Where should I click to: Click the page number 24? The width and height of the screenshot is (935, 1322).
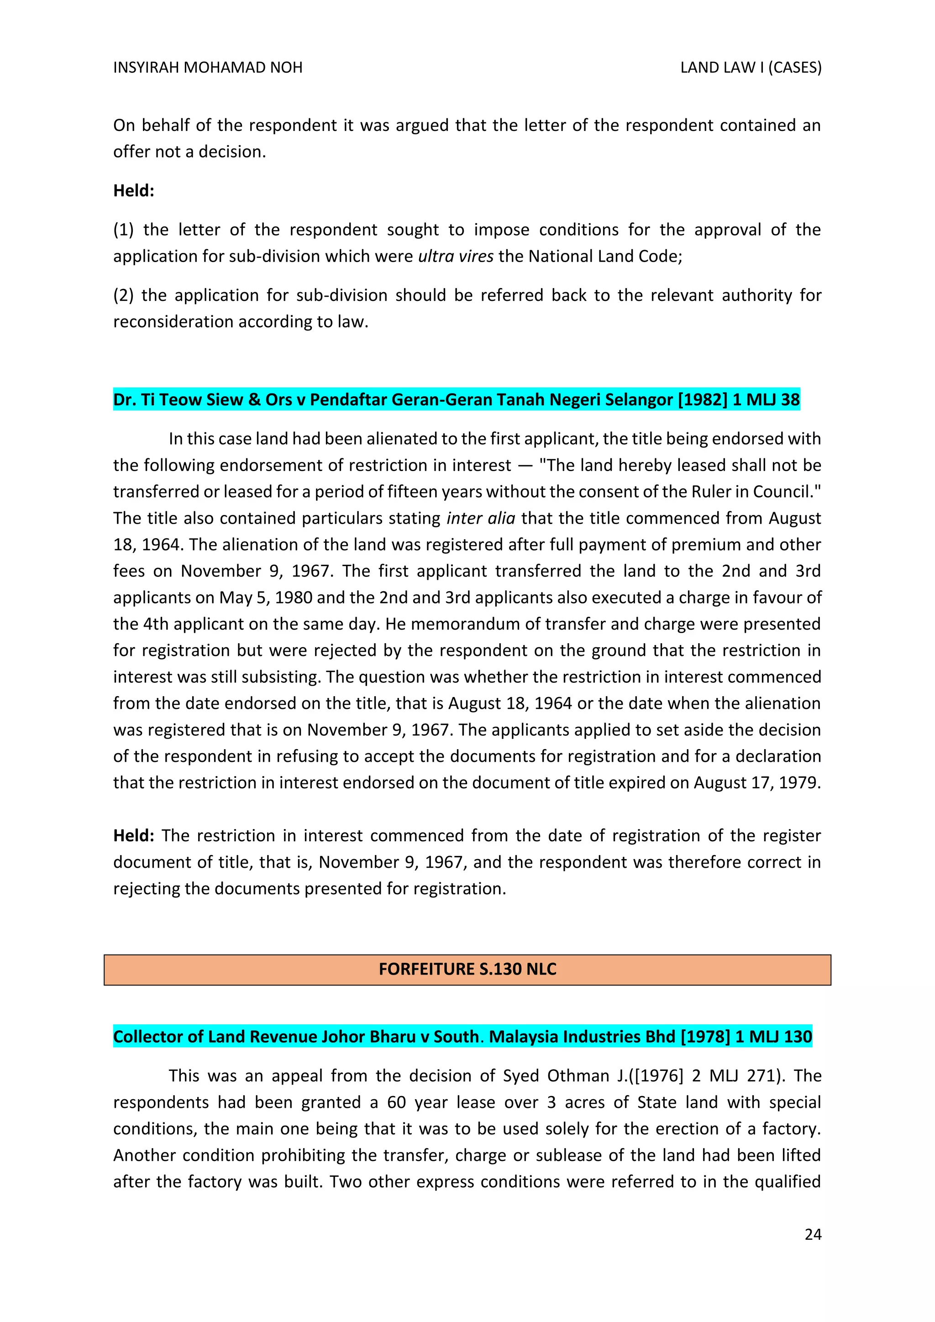[812, 1234]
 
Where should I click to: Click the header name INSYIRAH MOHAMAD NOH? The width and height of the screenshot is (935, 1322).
[208, 68]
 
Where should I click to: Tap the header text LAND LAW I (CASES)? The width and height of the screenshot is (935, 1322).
[751, 68]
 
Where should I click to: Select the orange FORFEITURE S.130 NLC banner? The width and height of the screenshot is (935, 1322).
[467, 969]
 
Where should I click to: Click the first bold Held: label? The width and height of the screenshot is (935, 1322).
[134, 190]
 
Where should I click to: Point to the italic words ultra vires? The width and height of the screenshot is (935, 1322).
[456, 256]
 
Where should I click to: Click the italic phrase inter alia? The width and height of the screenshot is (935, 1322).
[480, 518]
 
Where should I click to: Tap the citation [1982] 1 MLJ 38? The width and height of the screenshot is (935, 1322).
[739, 399]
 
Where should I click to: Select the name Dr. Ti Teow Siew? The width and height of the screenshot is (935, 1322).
[178, 399]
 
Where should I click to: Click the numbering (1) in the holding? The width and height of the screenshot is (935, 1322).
[123, 230]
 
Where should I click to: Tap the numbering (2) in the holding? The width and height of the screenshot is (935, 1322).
[123, 295]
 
